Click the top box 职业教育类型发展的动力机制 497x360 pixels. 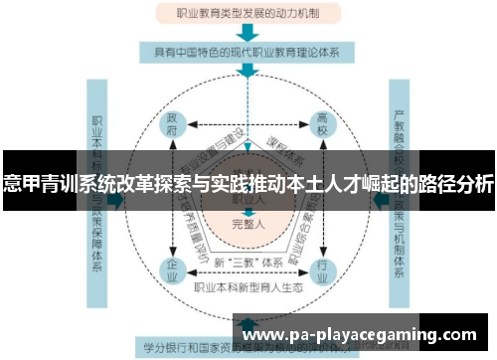coord(248,14)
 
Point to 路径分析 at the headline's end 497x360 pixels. coord(458,185)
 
